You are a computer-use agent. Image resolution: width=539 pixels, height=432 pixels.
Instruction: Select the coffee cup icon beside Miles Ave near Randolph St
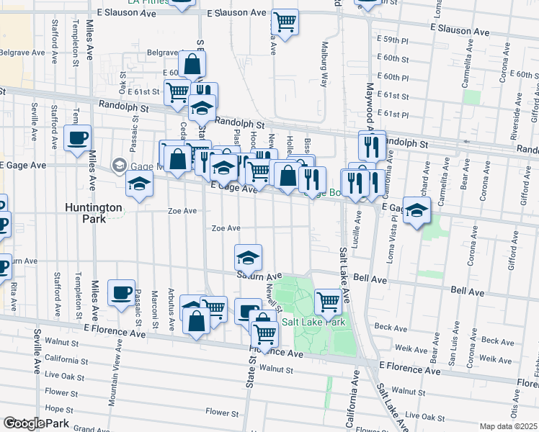77,138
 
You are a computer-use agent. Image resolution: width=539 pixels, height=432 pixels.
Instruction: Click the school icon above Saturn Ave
248,257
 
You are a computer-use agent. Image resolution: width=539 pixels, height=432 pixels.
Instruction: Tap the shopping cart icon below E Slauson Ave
285,22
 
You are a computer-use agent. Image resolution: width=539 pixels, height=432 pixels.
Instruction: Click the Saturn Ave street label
257,276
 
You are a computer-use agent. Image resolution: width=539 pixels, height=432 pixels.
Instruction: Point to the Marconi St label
153,306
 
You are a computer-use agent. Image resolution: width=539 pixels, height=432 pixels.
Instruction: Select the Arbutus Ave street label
171,310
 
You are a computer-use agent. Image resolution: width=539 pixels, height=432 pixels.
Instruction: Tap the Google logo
23,424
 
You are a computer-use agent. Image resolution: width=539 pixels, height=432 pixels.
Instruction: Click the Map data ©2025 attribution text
509,426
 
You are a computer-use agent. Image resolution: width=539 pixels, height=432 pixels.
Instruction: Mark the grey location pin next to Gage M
117,166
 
